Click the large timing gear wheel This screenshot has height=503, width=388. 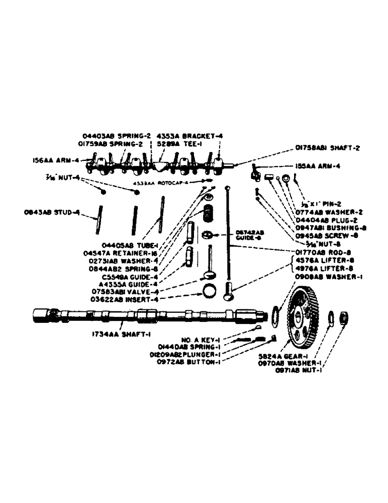[x=301, y=317]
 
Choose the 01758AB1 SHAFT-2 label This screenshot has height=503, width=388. [x=324, y=148]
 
